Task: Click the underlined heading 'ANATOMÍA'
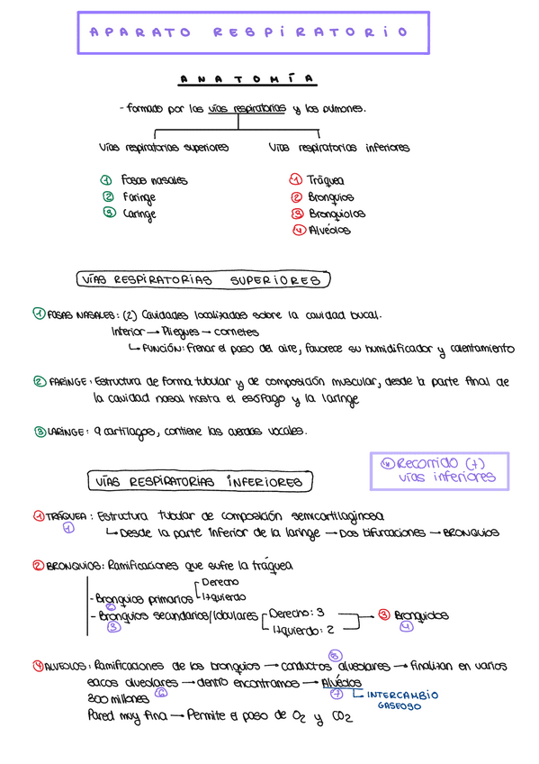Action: [x=246, y=79]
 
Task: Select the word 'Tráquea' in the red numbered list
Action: [x=326, y=181]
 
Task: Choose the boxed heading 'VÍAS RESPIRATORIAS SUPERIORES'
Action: [x=203, y=280]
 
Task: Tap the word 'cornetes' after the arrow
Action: [x=238, y=332]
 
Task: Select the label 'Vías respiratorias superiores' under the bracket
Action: [x=164, y=148]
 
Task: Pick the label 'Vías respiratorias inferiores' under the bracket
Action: [x=338, y=148]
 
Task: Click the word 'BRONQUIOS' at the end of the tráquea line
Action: [x=472, y=533]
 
